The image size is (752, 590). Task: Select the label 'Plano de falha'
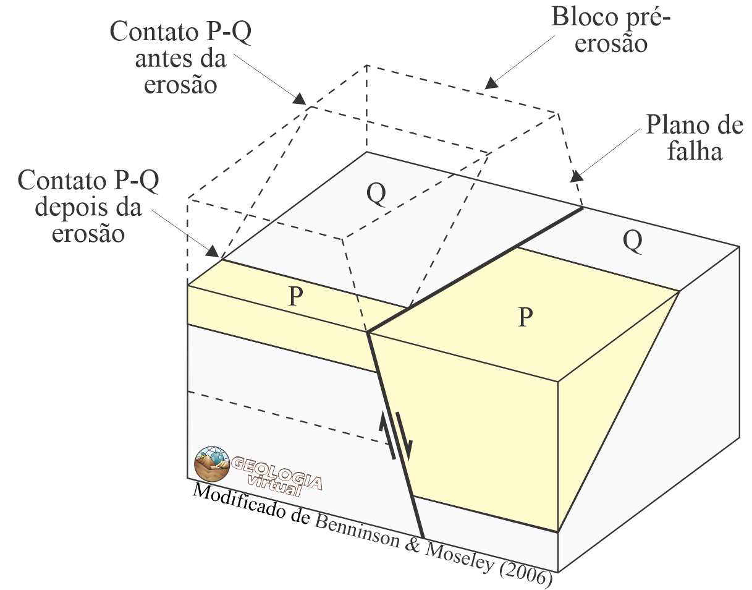(x=694, y=137)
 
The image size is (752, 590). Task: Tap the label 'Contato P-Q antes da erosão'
(x=180, y=59)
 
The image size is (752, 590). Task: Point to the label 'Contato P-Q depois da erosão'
(x=88, y=207)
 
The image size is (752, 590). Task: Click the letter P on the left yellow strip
(x=296, y=297)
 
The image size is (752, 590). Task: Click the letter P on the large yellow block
(x=525, y=317)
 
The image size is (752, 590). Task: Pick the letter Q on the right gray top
(x=632, y=242)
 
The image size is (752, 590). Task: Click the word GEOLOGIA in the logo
(x=276, y=468)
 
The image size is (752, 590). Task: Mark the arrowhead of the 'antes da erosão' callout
(x=301, y=100)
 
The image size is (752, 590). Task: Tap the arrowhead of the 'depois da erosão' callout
(x=213, y=253)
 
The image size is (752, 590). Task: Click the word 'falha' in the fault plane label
(x=695, y=151)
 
